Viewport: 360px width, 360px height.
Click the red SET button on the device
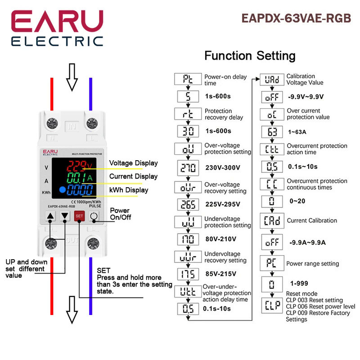[79, 216]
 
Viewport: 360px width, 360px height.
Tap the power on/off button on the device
[93, 216]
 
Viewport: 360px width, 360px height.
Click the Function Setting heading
[250, 56]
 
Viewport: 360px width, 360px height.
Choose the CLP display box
[272, 306]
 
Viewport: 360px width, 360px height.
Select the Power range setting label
[313, 264]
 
